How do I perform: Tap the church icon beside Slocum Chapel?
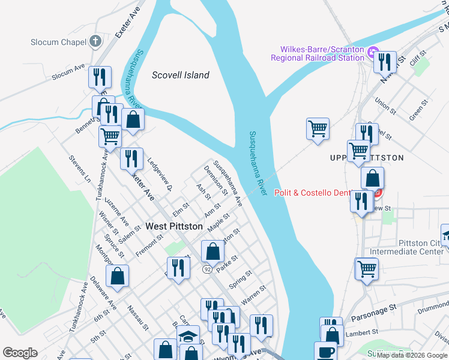(x=95, y=41)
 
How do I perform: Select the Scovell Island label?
(x=181, y=75)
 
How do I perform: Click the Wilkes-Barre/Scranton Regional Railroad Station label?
(x=318, y=53)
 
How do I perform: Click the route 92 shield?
(x=207, y=269)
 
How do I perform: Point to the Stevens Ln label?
(x=79, y=169)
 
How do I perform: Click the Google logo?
(x=20, y=353)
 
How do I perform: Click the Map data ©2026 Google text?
(x=411, y=355)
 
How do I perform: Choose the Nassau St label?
(x=137, y=317)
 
